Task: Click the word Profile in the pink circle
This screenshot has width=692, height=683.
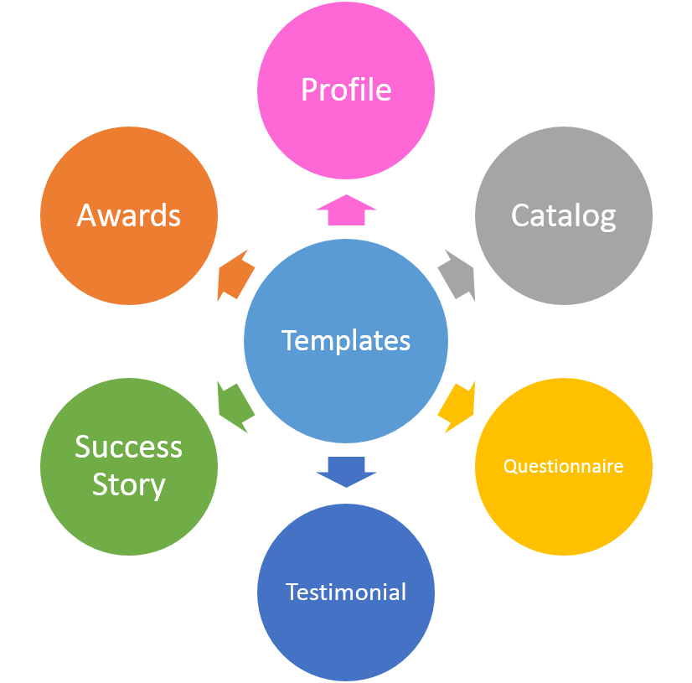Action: tap(346, 90)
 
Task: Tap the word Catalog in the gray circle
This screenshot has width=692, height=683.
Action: tap(563, 215)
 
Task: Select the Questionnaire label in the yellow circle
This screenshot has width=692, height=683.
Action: tap(563, 466)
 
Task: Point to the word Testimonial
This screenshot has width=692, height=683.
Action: tap(346, 592)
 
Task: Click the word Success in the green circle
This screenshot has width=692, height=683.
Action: tap(128, 447)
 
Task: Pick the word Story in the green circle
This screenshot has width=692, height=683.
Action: tap(128, 484)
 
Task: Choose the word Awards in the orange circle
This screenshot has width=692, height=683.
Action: tap(129, 215)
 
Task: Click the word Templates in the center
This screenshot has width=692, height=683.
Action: tap(346, 340)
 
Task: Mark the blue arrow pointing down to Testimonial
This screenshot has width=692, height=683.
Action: tap(346, 471)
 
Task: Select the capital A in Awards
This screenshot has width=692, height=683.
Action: tap(86, 215)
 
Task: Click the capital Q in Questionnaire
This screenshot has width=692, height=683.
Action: tap(509, 466)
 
